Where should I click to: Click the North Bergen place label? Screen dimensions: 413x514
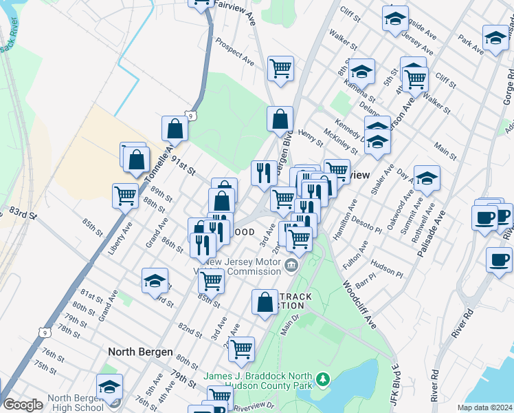pos(140,352)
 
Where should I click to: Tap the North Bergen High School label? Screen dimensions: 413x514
pos(69,403)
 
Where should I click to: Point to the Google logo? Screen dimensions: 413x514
pos(23,405)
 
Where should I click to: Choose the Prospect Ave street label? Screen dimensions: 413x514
pos(235,53)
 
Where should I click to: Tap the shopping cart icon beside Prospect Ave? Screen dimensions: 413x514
pos(280,69)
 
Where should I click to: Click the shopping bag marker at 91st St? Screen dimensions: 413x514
pos(175,128)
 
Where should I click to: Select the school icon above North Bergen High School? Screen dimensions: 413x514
pos(109,387)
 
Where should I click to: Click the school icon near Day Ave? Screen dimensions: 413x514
pos(426,178)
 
